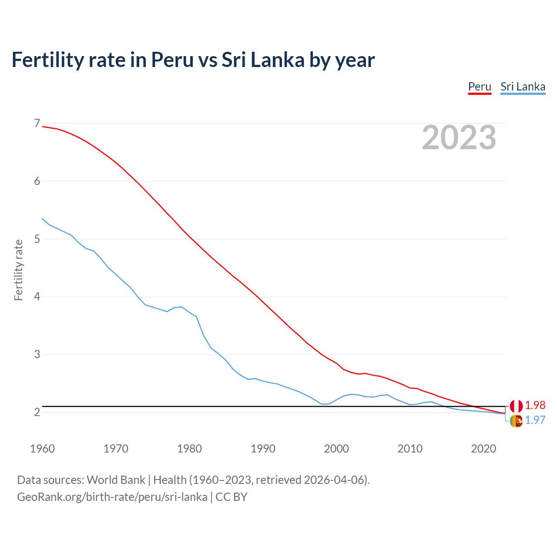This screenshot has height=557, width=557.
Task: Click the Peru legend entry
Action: [480, 87]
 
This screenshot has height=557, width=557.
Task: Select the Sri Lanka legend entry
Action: [523, 87]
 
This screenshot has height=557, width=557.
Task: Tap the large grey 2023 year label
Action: [459, 138]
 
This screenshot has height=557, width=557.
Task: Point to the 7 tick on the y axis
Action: [37, 124]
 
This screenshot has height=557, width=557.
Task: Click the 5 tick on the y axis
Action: [37, 239]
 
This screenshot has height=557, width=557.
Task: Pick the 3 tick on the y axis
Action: [37, 355]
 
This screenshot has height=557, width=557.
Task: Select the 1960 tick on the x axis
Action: [42, 449]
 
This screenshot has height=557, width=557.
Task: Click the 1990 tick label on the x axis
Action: [263, 449]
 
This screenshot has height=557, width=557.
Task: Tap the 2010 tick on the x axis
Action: [410, 449]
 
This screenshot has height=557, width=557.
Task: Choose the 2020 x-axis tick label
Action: [483, 449]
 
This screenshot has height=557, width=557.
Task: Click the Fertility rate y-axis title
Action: [18, 270]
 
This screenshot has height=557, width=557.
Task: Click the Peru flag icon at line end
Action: [516, 406]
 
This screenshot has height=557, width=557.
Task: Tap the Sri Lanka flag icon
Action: [516, 421]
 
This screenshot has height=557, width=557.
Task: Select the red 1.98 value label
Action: [535, 405]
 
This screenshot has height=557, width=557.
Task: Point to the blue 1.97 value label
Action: [535, 420]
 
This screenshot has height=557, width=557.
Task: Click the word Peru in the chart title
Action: [172, 60]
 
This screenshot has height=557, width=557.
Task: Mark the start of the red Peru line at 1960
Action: [43, 127]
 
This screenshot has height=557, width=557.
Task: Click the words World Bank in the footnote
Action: [116, 480]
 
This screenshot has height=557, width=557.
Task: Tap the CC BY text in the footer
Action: [232, 497]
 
